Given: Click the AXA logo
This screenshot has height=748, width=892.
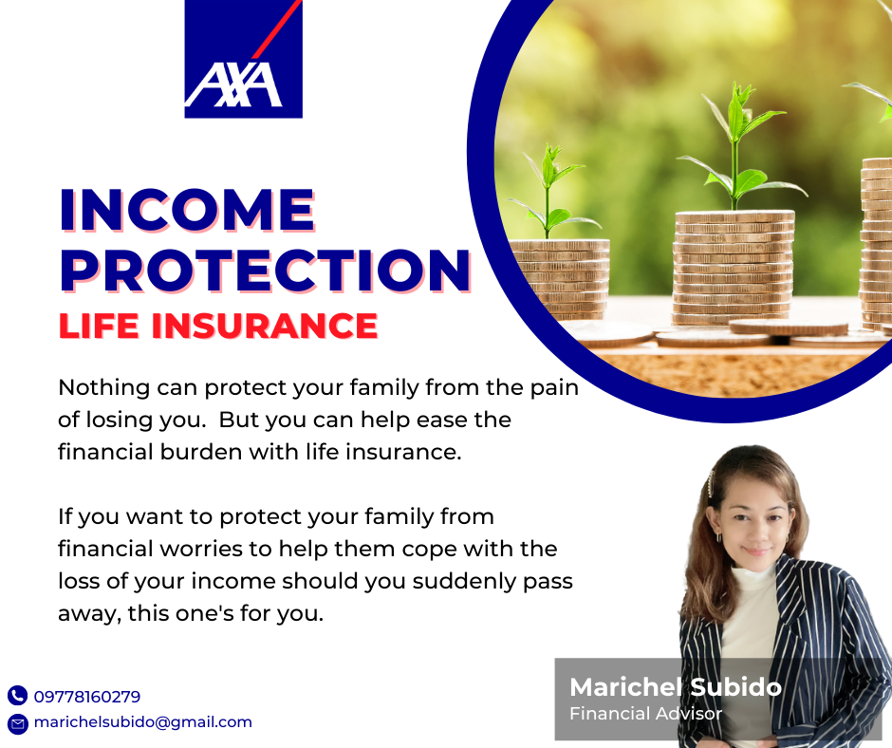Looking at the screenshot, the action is pyautogui.click(x=244, y=59).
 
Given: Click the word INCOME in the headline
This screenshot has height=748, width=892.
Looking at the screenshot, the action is pyautogui.click(x=188, y=210).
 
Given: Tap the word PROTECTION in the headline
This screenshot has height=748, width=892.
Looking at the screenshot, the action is pyautogui.click(x=266, y=271).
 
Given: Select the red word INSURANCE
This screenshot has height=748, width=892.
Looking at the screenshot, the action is pyautogui.click(x=265, y=326).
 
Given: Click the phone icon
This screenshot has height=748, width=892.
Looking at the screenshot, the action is pyautogui.click(x=17, y=696).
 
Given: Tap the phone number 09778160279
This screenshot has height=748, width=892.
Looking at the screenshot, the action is pyautogui.click(x=87, y=696).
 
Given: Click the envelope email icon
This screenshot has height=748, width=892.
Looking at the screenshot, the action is pyautogui.click(x=17, y=723).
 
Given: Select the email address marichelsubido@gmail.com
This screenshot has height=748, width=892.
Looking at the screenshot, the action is pyautogui.click(x=142, y=722).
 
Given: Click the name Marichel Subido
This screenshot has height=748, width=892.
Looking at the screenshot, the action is pyautogui.click(x=676, y=687).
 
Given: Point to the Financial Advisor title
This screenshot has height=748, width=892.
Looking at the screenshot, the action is pyautogui.click(x=645, y=713).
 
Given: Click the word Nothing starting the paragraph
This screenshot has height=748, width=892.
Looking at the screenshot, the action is pyautogui.click(x=104, y=387).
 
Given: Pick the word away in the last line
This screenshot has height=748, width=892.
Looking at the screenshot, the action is pyautogui.click(x=89, y=614).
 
